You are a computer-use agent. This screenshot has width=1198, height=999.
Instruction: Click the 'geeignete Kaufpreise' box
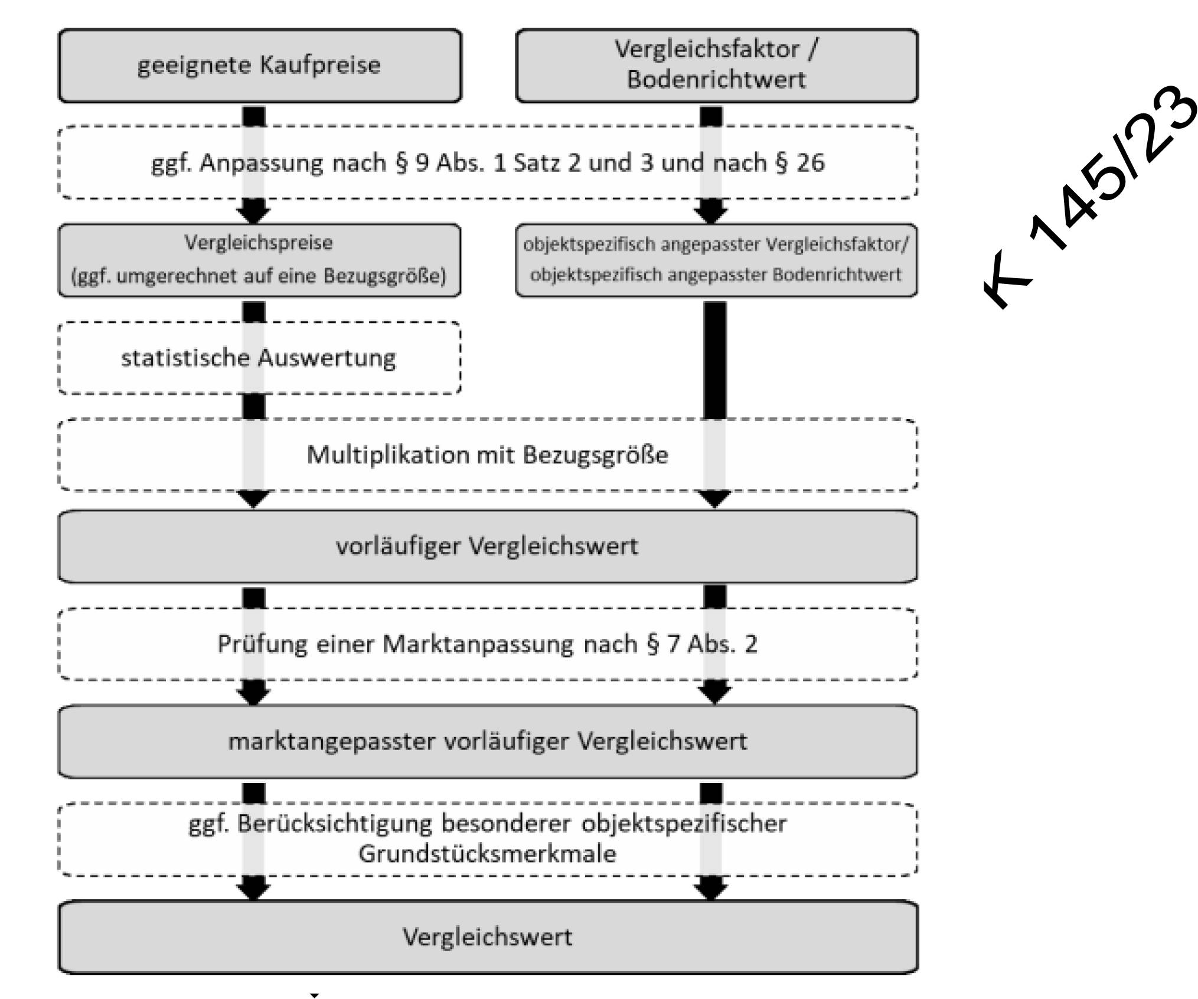tap(260, 66)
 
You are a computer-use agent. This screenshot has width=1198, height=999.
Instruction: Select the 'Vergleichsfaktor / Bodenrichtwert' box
tap(717, 66)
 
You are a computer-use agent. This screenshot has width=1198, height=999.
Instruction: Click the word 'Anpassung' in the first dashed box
tap(261, 163)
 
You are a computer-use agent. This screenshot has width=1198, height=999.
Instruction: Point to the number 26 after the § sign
tap(810, 163)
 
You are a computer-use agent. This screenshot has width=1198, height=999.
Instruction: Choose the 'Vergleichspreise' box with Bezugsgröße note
tap(259, 260)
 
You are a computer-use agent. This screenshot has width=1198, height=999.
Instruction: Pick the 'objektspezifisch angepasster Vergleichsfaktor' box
tap(716, 260)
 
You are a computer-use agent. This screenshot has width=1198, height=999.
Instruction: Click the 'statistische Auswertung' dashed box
tap(259, 358)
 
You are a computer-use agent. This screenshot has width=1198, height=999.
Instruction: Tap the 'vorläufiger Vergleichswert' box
tap(488, 546)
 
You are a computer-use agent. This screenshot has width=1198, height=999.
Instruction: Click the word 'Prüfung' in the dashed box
tap(262, 644)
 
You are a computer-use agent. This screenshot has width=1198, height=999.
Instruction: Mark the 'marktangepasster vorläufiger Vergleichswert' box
tap(488, 742)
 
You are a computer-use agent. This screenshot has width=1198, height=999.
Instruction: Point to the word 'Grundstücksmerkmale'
tap(488, 854)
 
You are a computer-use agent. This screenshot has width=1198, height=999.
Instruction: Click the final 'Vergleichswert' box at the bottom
tap(488, 937)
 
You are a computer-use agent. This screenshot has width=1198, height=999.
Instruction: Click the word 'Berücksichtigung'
tap(335, 824)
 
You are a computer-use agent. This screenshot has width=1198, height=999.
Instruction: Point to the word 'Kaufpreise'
tap(320, 66)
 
